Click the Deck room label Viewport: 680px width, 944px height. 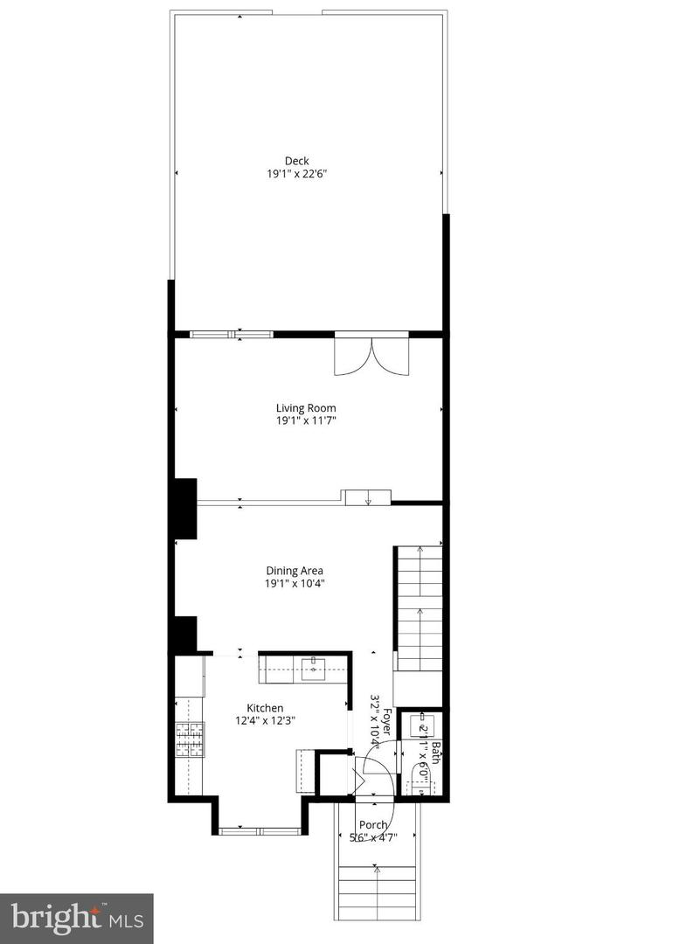coord(296,161)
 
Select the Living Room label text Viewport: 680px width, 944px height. coord(306,408)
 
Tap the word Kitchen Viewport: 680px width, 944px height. coord(265,708)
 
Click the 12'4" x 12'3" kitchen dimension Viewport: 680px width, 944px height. coord(266,721)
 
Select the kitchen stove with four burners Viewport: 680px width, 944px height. coord(190,739)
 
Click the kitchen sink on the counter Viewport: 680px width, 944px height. coord(312,670)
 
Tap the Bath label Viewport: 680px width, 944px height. coord(435,753)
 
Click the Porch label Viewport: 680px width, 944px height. coord(373,825)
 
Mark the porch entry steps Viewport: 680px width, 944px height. coord(378,887)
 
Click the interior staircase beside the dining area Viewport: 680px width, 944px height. coord(420,607)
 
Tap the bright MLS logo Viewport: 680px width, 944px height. coord(77,919)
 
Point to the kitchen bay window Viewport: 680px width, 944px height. coord(260,830)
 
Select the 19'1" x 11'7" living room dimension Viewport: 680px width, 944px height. coord(306,421)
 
